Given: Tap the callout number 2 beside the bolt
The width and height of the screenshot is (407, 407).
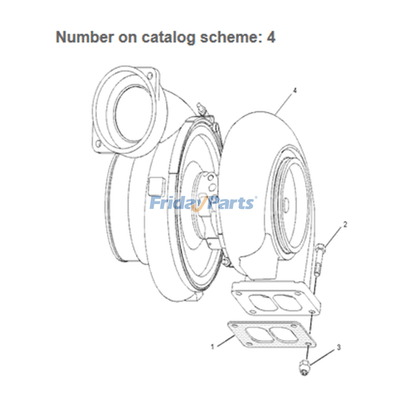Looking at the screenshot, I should click(x=345, y=224).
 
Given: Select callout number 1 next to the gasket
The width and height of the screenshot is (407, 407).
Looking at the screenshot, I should click(x=213, y=347).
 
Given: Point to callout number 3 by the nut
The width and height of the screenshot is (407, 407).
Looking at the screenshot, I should click(x=338, y=348).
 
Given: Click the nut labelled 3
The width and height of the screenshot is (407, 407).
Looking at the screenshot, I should click(x=304, y=368).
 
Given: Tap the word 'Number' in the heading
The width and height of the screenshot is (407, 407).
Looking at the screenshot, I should click(x=84, y=37).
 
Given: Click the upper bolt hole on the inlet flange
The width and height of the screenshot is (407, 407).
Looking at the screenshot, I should click(x=150, y=75).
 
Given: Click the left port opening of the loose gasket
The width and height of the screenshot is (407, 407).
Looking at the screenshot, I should click(x=255, y=335).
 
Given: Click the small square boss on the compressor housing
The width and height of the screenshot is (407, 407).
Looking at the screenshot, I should click(x=155, y=186).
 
